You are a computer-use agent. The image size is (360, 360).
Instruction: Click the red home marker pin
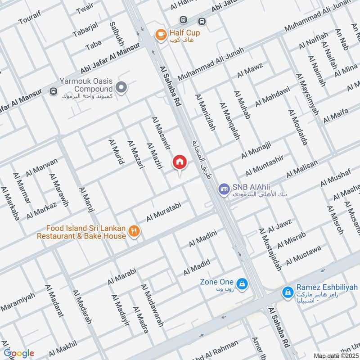(179, 162)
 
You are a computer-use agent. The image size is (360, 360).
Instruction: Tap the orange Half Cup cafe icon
(159, 34)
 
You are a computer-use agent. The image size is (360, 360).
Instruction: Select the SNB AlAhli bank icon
(224, 189)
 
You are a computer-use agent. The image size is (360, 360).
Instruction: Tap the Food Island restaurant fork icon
(134, 231)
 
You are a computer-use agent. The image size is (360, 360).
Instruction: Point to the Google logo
(18, 353)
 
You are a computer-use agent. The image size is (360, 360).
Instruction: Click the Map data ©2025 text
(336, 355)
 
